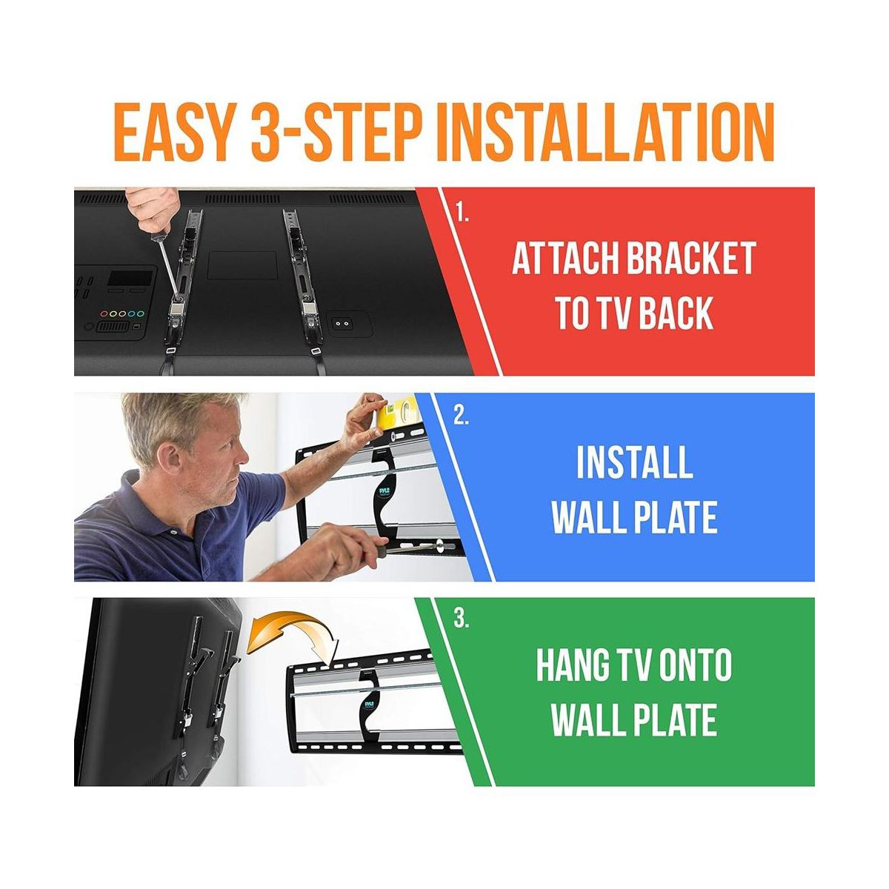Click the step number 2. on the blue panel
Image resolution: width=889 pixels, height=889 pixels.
[x=461, y=417]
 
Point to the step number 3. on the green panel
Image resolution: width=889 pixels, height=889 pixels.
[x=461, y=619]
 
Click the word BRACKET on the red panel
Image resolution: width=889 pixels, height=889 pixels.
[x=690, y=259]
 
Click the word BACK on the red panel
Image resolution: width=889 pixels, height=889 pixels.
[x=677, y=313]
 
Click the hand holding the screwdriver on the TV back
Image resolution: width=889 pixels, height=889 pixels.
[x=153, y=209]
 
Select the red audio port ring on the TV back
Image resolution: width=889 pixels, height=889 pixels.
[x=104, y=314]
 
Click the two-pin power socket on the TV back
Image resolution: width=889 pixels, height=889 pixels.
[x=342, y=324]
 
